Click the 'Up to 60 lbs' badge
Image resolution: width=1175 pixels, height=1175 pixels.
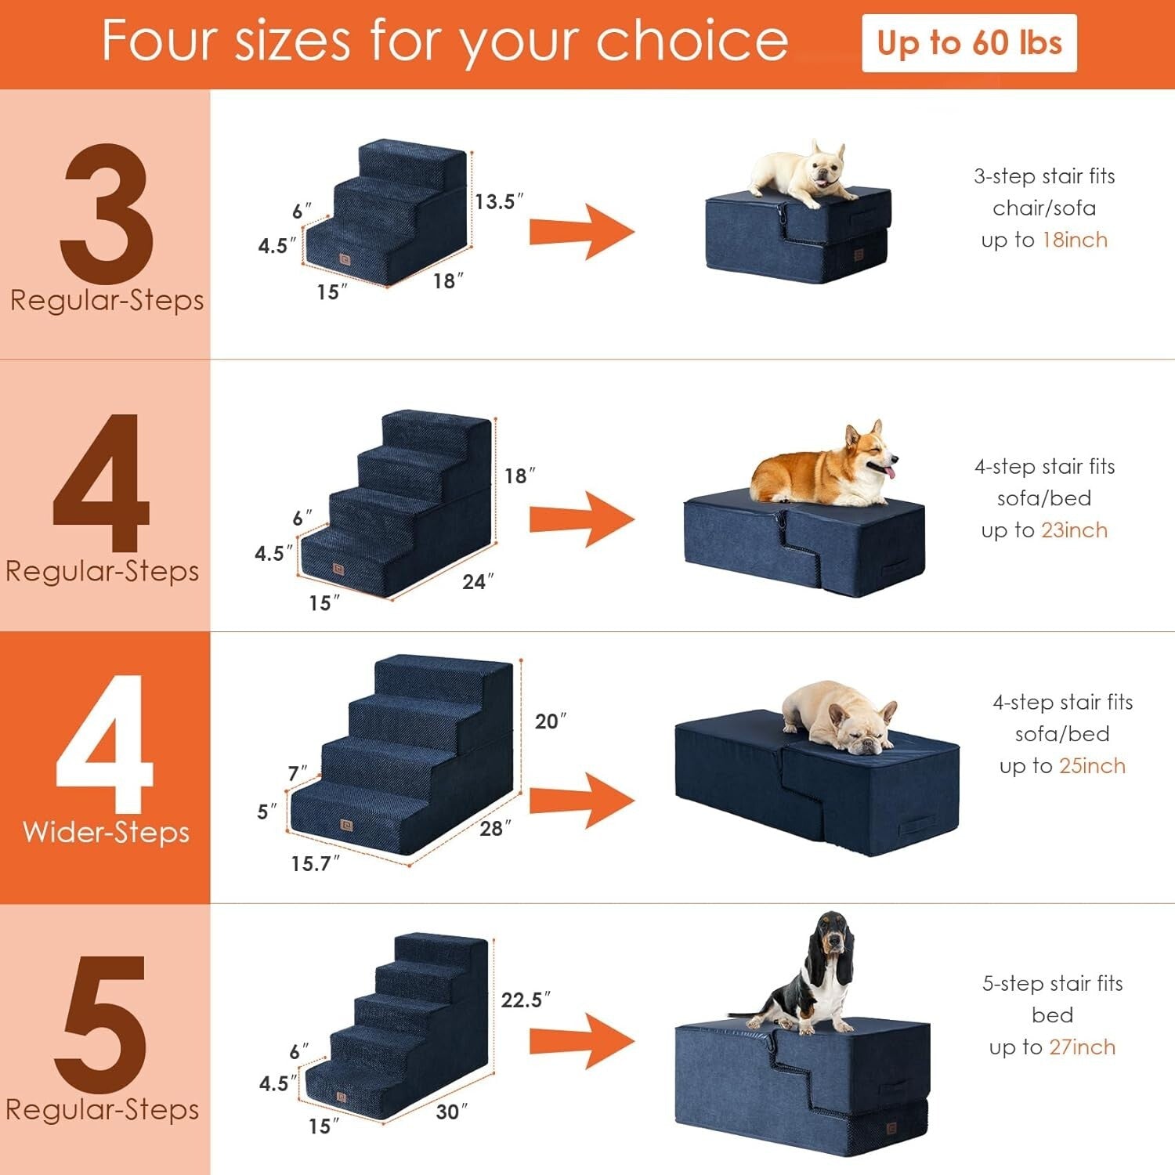pyautogui.click(x=969, y=43)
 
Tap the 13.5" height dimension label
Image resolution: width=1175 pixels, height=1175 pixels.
pyautogui.click(x=498, y=201)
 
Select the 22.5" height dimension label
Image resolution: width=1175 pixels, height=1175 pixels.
pyautogui.click(x=525, y=1000)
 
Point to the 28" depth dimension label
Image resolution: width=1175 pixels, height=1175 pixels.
pyautogui.click(x=495, y=828)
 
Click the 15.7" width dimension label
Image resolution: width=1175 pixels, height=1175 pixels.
pyautogui.click(x=315, y=863)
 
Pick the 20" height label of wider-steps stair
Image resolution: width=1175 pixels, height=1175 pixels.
pyautogui.click(x=550, y=721)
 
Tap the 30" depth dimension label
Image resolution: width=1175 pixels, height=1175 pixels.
pyautogui.click(x=451, y=1112)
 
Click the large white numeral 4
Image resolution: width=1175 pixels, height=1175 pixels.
pyautogui.click(x=104, y=744)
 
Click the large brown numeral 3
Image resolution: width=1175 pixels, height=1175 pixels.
pyautogui.click(x=106, y=213)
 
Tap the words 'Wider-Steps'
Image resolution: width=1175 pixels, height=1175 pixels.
pyautogui.click(x=106, y=832)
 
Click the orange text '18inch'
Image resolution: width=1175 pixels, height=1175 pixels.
pyautogui.click(x=1075, y=240)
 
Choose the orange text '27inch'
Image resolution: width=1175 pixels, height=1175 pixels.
pyautogui.click(x=1082, y=1047)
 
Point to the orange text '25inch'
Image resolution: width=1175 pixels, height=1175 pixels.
pyautogui.click(x=1092, y=766)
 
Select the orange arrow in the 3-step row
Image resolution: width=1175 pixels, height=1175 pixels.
pyautogui.click(x=581, y=233)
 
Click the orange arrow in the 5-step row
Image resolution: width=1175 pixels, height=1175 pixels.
pyautogui.click(x=581, y=1041)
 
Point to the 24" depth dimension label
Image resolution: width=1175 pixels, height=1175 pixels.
pyautogui.click(x=478, y=581)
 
